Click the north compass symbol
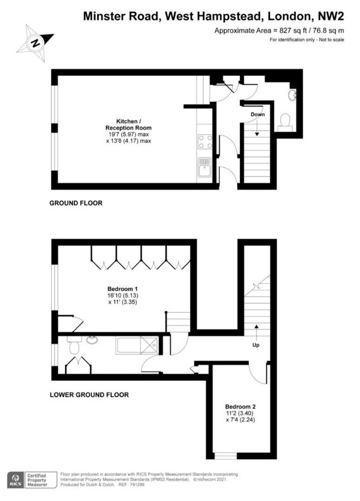34,42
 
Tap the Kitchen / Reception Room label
129,124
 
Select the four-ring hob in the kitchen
205,142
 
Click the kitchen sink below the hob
204,166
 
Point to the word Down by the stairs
257,115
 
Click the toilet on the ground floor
285,121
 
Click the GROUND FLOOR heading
76,203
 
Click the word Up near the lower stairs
256,345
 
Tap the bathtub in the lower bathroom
136,346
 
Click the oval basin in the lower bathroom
92,340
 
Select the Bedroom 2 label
240,406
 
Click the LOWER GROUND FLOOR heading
89,395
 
